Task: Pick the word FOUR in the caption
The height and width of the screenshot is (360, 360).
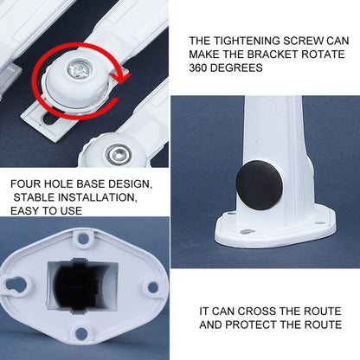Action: click(27, 183)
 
